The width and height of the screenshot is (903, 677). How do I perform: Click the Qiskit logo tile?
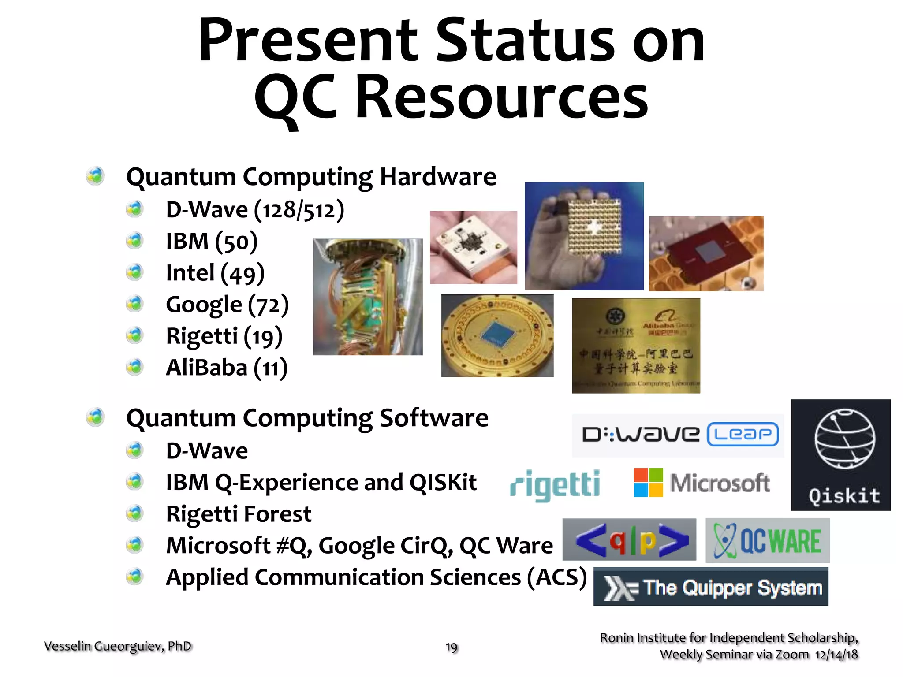coord(840,455)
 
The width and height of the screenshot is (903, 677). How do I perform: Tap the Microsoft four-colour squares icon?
coord(648,483)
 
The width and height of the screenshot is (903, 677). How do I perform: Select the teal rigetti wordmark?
coord(555,485)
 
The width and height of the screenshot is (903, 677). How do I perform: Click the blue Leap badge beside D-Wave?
coord(743,435)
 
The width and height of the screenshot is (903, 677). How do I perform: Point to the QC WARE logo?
coord(767,541)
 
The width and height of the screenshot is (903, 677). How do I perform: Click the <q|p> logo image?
coord(629,540)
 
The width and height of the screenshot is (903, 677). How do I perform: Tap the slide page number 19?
coord(451,647)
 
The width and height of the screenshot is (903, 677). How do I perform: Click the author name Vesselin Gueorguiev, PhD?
coord(118,646)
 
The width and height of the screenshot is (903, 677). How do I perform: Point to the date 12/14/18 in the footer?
coord(836,655)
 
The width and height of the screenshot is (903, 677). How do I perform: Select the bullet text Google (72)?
coord(227,305)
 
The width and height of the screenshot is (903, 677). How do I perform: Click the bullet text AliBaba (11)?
coord(226,368)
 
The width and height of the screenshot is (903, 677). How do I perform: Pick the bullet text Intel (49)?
coord(215,273)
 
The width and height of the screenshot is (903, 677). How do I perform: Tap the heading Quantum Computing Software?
coord(307,418)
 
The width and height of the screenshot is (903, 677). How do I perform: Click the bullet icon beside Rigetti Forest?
coord(134,513)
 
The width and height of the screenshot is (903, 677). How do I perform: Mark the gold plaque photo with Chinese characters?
coord(636,345)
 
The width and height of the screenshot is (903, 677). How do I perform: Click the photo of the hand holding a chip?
coord(584,236)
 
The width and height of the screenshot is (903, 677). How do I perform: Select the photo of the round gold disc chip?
coord(497,335)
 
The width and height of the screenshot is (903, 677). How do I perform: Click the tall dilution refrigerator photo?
coord(368,297)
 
